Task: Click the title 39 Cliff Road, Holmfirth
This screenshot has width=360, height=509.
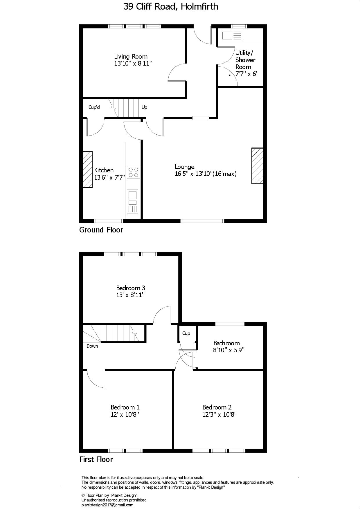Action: tap(171, 7)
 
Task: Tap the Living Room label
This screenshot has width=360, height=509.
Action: tap(131, 57)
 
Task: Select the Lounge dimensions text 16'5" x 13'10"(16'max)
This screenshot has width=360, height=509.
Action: tap(206, 174)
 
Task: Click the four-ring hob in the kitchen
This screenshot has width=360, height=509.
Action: tap(133, 172)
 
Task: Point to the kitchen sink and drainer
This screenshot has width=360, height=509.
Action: tap(133, 202)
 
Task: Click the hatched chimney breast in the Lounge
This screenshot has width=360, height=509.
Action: tap(257, 166)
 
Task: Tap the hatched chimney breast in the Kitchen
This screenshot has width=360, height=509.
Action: tap(87, 169)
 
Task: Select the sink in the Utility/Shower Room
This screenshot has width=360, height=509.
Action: tap(231, 36)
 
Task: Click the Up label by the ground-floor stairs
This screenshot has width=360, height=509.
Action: tap(144, 107)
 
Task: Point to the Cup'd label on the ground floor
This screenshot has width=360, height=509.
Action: tap(94, 107)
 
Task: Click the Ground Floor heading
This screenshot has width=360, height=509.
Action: tap(101, 230)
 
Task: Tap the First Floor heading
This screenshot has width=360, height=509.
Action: tap(96, 459)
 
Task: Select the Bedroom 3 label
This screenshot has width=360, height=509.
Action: tap(131, 288)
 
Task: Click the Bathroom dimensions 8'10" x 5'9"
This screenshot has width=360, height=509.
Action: tap(229, 350)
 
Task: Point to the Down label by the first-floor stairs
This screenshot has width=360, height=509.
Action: tap(92, 346)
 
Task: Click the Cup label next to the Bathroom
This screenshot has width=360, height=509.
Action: tap(186, 333)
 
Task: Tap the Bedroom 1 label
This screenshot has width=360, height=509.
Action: tap(125, 407)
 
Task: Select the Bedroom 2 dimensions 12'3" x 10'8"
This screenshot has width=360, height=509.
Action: tap(219, 414)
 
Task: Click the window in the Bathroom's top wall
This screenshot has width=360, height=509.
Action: tap(230, 324)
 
